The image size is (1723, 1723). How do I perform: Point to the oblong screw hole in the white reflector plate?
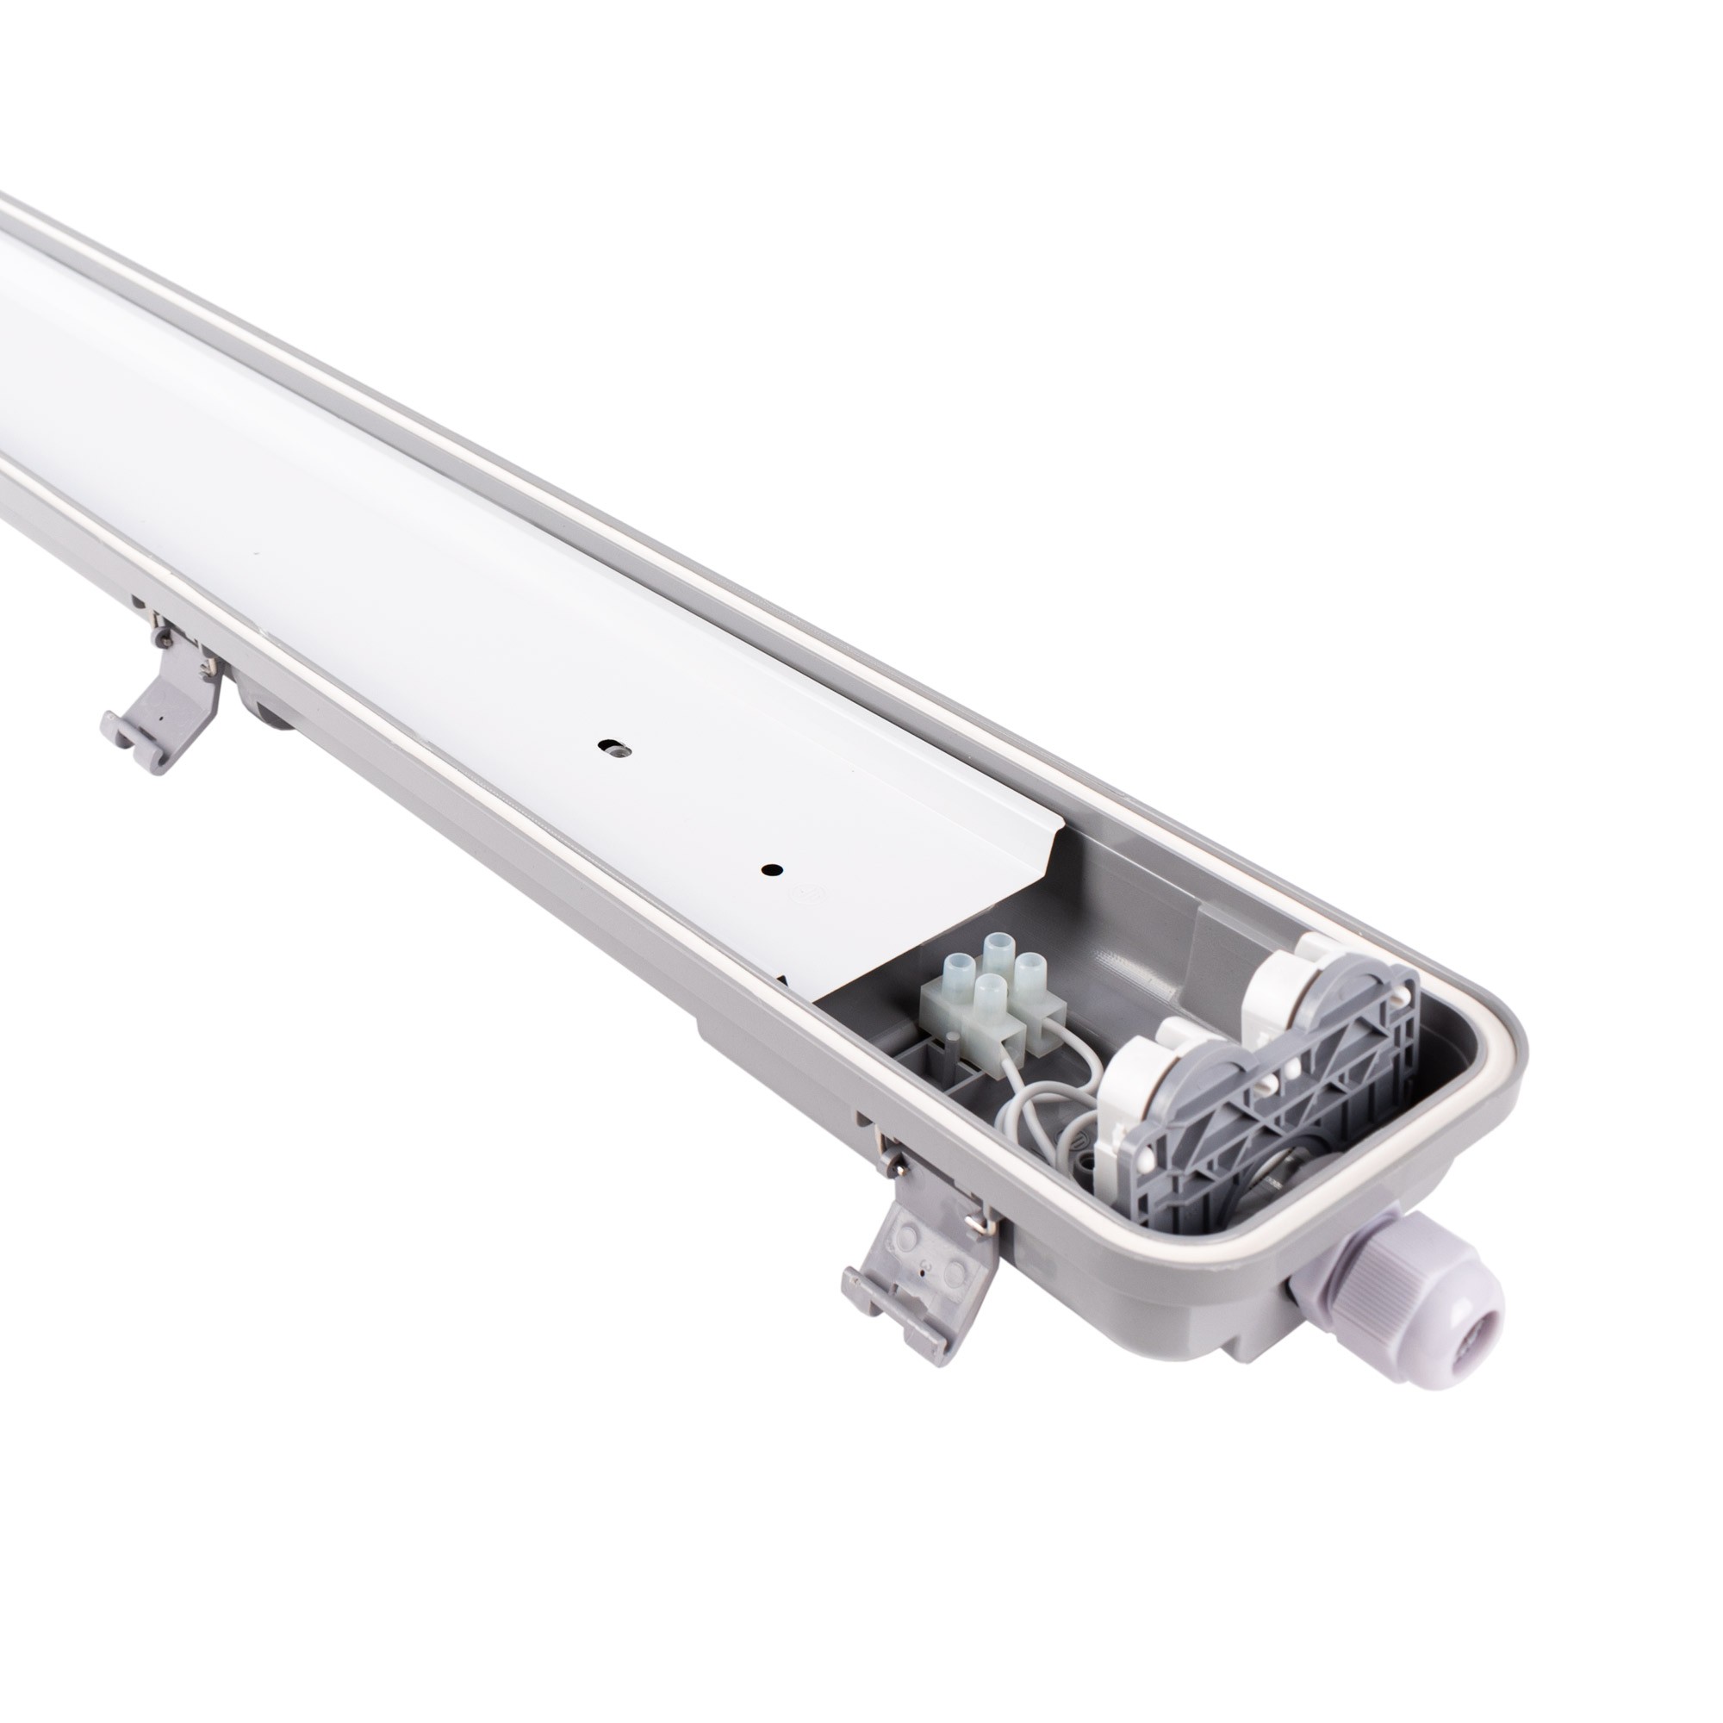pyautogui.click(x=611, y=745)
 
